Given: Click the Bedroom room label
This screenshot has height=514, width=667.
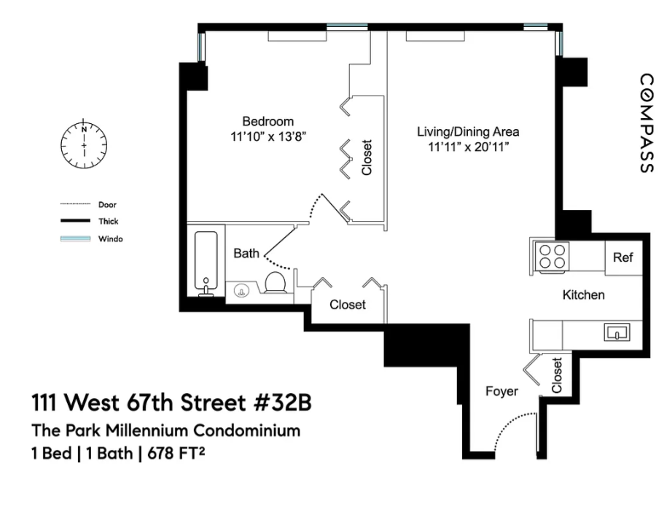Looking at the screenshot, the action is pyautogui.click(x=268, y=122).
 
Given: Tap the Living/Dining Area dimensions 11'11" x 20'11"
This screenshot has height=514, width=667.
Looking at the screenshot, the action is pyautogui.click(x=468, y=147).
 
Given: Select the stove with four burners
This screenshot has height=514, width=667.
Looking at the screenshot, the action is pyautogui.click(x=552, y=257).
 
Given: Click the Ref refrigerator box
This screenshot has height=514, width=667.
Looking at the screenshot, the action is pyautogui.click(x=623, y=258).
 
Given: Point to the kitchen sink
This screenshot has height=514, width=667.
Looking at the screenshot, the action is pyautogui.click(x=617, y=332).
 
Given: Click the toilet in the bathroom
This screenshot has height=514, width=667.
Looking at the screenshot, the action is pyautogui.click(x=276, y=282).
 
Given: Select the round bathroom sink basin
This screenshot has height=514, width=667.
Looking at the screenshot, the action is pyautogui.click(x=241, y=292).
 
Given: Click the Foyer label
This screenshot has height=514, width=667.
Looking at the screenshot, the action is pyautogui.click(x=502, y=392).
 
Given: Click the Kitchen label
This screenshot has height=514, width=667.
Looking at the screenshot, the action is pyautogui.click(x=584, y=295).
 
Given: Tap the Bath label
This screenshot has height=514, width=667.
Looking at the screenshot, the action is pyautogui.click(x=246, y=254).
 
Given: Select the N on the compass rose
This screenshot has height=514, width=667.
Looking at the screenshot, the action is pyautogui.click(x=84, y=129).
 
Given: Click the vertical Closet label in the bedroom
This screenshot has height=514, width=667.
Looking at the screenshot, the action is pyautogui.click(x=367, y=157).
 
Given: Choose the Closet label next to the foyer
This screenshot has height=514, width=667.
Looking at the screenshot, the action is pyautogui.click(x=557, y=375).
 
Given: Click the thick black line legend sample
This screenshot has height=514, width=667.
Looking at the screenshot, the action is pyautogui.click(x=75, y=221).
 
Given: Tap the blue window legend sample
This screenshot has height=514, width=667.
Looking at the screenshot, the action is pyautogui.click(x=75, y=238).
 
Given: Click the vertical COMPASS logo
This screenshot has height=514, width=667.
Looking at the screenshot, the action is pyautogui.click(x=647, y=123).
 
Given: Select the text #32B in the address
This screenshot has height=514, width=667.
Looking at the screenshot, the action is pyautogui.click(x=282, y=402).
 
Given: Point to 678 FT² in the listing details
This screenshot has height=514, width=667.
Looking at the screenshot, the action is pyautogui.click(x=176, y=453).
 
